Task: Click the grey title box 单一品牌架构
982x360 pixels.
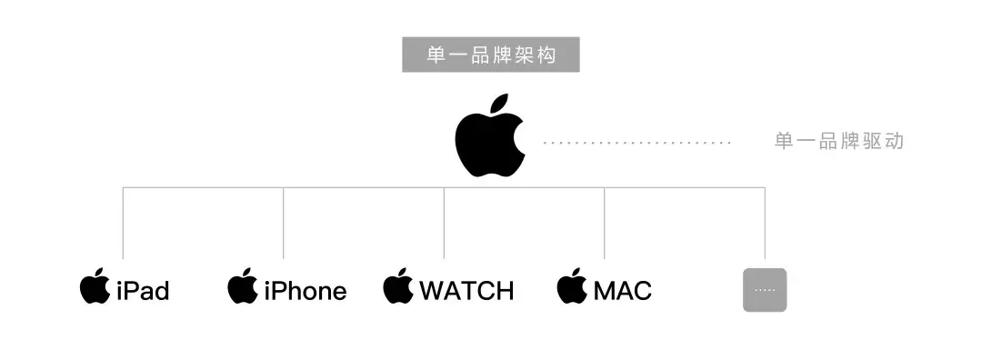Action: tap(491, 55)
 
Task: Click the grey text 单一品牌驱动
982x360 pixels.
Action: tap(838, 142)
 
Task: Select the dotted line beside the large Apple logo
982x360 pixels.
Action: tap(636, 143)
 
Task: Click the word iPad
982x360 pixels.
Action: tap(143, 291)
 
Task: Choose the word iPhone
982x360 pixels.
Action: tap(305, 291)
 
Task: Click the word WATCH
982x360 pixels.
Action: tap(466, 291)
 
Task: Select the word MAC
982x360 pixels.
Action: tap(623, 291)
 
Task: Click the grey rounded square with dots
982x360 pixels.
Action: tap(765, 290)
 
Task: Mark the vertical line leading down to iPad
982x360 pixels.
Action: tap(123, 223)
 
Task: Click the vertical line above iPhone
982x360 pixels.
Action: tap(284, 223)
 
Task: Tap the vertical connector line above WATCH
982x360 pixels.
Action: tap(444, 223)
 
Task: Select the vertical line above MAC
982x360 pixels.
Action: tap(604, 223)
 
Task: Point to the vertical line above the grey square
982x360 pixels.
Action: tap(765, 223)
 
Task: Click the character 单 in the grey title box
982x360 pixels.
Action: tap(436, 55)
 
